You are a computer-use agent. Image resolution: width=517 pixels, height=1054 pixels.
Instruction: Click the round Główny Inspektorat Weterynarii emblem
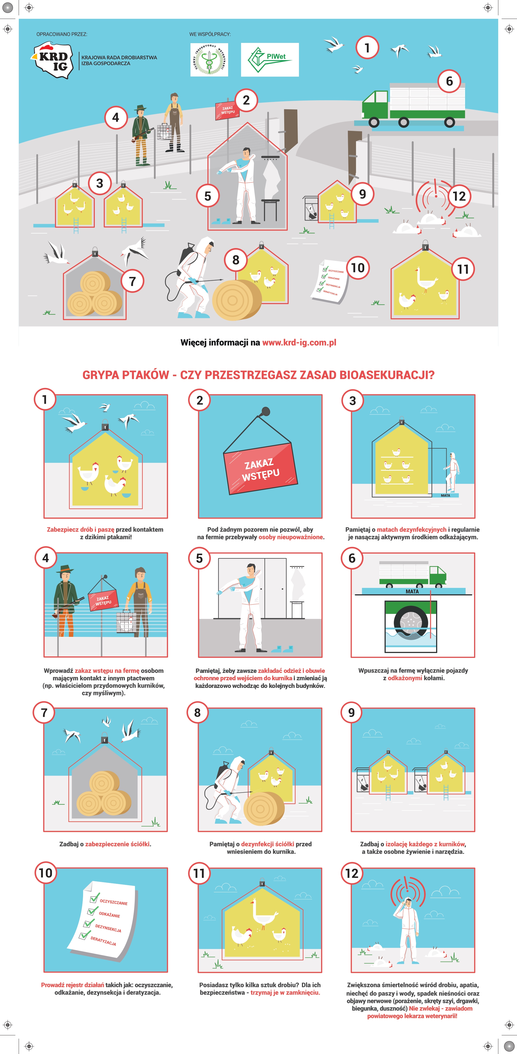(209, 60)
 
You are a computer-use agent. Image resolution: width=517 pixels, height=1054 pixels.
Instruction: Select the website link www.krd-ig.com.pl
(299, 343)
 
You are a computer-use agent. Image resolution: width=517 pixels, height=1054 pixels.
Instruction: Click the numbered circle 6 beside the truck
(449, 81)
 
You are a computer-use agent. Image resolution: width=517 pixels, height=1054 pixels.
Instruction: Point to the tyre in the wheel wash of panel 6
(411, 622)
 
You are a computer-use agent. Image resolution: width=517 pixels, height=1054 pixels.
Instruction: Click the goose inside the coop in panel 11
(262, 913)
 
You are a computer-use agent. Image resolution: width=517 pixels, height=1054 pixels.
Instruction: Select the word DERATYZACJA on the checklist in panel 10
(103, 941)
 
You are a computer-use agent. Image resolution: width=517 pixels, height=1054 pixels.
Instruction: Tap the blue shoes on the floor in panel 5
(283, 649)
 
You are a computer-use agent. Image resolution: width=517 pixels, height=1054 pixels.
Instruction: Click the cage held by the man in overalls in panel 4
(125, 621)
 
